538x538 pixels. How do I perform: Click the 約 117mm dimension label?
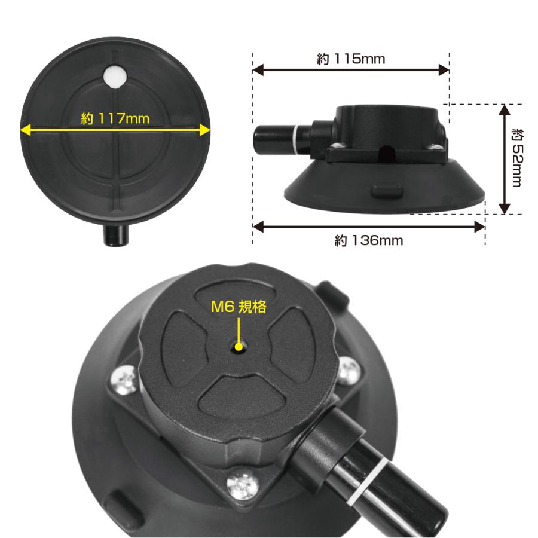click(115, 118)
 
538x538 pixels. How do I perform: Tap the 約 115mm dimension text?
click(351, 59)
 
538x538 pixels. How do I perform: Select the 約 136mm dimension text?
click(368, 240)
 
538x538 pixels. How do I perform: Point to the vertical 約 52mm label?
click(517, 158)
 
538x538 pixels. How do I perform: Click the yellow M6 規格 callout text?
click(239, 307)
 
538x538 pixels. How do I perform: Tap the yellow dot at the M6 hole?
click(239, 347)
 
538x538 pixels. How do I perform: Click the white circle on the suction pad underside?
click(115, 76)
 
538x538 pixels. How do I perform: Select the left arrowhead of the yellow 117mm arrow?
click(26, 130)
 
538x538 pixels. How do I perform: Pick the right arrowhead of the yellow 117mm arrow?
click(204, 130)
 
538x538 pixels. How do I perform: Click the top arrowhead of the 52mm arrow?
click(504, 110)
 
